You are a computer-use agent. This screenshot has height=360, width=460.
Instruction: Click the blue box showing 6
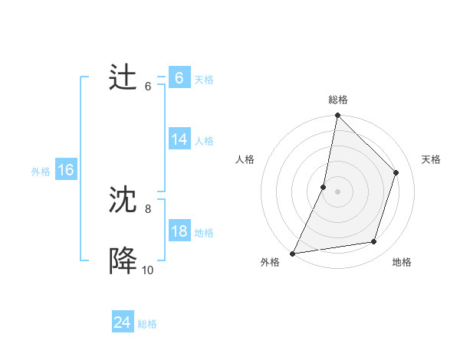pyautogui.click(x=179, y=78)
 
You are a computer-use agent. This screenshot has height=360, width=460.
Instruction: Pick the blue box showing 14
pyautogui.click(x=179, y=139)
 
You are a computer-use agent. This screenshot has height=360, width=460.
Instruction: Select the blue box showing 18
pyautogui.click(x=179, y=231)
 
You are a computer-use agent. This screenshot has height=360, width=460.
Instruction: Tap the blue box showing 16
pyautogui.click(x=66, y=170)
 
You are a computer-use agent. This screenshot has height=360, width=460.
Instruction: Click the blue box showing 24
pyautogui.click(x=122, y=322)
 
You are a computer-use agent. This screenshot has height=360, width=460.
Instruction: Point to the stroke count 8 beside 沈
pyautogui.click(x=148, y=208)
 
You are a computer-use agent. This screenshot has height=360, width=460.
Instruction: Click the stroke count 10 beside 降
pyautogui.click(x=147, y=270)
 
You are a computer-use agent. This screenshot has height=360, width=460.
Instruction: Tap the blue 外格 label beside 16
pyautogui.click(x=41, y=172)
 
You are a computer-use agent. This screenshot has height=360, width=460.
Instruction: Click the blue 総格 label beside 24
pyautogui.click(x=147, y=324)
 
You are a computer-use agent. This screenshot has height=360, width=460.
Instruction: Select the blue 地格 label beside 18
pyautogui.click(x=204, y=233)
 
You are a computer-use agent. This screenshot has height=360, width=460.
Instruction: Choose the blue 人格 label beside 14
pyautogui.click(x=204, y=141)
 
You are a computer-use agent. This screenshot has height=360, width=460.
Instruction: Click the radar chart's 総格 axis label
pyautogui.click(x=337, y=100)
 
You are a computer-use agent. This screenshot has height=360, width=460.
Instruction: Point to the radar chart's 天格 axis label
pyautogui.click(x=432, y=159)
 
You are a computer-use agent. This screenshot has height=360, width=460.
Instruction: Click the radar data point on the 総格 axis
pyautogui.click(x=337, y=116)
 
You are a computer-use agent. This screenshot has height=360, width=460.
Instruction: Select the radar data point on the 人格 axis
pyautogui.click(x=324, y=187)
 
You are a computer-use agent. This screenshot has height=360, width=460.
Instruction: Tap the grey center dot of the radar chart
pyautogui.click(x=337, y=191)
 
